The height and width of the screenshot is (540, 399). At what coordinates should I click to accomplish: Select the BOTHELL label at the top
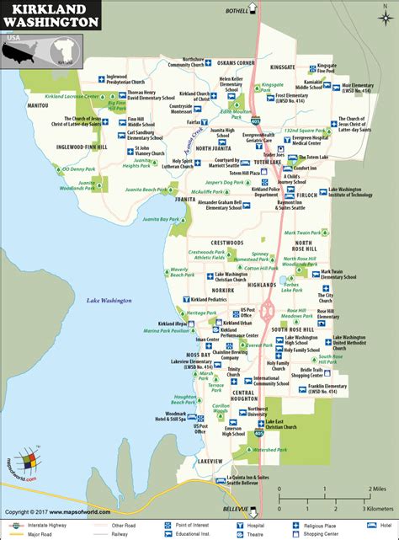[238, 10]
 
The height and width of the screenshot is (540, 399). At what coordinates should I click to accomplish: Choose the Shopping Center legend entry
[348, 533]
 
